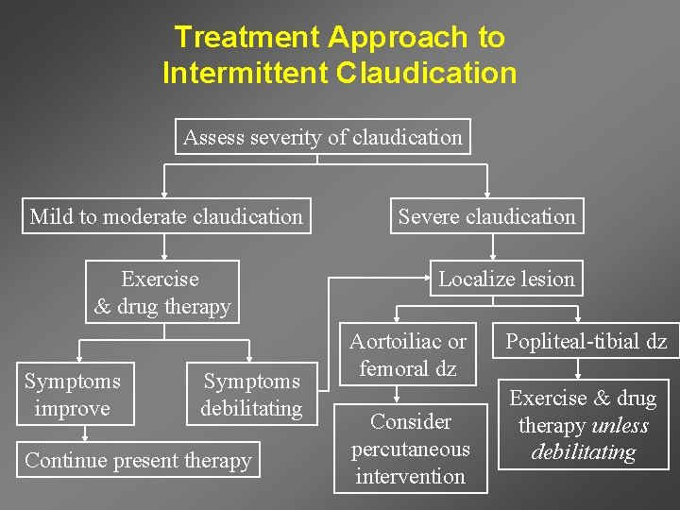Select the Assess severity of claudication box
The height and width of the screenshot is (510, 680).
click(x=323, y=137)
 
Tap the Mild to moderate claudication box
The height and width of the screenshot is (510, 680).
click(x=166, y=216)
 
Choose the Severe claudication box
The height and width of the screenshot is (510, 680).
click(x=486, y=216)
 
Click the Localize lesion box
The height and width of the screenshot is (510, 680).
click(x=506, y=279)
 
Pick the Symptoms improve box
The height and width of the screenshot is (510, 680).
click(x=73, y=395)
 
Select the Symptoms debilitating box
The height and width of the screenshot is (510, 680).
click(x=251, y=395)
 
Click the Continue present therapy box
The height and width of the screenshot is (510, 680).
click(x=138, y=460)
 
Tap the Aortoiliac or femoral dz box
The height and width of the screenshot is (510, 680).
click(x=408, y=355)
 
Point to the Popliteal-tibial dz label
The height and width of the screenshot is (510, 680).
click(x=586, y=342)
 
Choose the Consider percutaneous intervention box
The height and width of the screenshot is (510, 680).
click(x=410, y=449)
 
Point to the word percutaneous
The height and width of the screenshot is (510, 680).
click(x=410, y=449)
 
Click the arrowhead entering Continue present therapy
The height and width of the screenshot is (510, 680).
click(x=85, y=437)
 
